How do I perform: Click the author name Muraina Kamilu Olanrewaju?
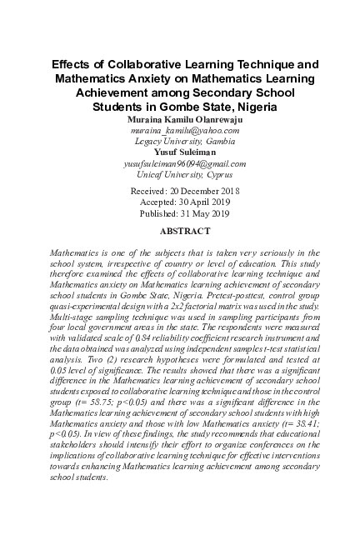click(x=179, y=121)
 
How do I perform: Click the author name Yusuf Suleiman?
click(x=179, y=153)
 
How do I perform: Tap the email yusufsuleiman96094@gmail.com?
click(x=179, y=164)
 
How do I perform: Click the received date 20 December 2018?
click(x=197, y=192)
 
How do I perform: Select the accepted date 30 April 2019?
click(x=199, y=202)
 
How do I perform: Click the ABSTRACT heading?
click(x=179, y=231)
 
